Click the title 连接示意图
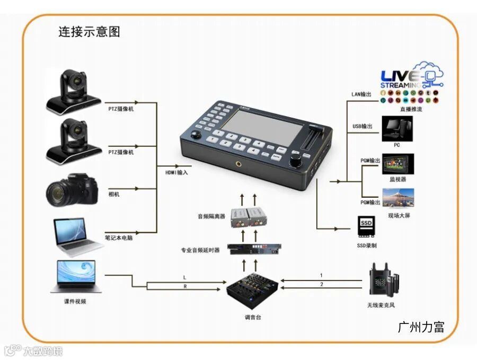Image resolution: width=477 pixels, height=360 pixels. click(89, 32)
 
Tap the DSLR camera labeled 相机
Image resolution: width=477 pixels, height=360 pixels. click(73, 191)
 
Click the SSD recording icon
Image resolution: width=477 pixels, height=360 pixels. click(366, 226)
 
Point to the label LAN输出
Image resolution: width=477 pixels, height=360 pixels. click(362, 94)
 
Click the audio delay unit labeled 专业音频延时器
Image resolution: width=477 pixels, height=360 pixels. click(253, 249)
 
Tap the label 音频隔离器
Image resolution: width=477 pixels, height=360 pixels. click(211, 216)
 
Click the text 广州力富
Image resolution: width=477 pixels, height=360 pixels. click(421, 327)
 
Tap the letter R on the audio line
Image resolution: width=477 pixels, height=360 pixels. click(184, 287)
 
